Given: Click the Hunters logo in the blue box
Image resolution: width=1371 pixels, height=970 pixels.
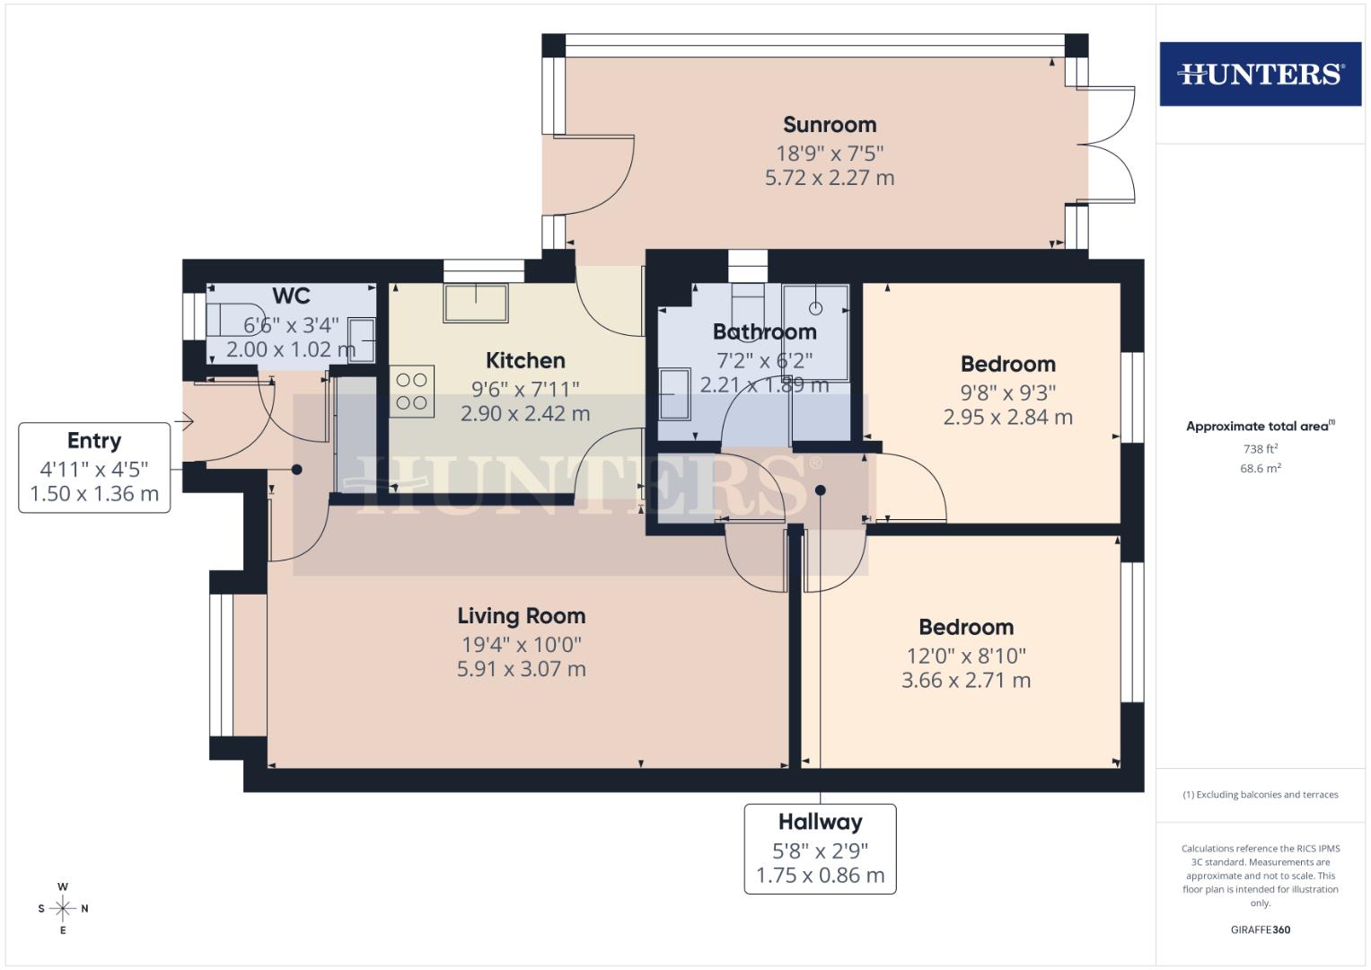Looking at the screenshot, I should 1260,74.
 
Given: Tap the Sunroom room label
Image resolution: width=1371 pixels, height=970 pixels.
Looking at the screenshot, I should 829,125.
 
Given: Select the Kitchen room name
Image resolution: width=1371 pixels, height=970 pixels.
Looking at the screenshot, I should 525,360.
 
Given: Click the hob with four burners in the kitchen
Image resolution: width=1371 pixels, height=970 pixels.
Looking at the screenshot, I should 411,392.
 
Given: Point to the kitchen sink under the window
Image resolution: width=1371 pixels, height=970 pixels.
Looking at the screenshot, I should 475,303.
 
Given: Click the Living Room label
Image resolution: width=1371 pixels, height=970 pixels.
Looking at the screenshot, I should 521,616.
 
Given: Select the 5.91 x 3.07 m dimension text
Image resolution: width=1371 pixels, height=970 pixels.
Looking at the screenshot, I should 521,669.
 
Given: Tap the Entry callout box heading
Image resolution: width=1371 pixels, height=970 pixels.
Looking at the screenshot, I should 94,441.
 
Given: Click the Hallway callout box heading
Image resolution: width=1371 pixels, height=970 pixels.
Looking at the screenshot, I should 820,822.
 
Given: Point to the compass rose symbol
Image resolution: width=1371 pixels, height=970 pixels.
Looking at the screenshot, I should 63,908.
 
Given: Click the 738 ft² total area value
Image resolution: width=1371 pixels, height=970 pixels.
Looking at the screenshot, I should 1260,448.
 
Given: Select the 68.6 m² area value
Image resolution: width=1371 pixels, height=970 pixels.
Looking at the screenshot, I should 1260,468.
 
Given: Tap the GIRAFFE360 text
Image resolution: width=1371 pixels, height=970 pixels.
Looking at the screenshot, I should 1260,930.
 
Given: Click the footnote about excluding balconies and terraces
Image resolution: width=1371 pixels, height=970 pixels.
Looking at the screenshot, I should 1260,795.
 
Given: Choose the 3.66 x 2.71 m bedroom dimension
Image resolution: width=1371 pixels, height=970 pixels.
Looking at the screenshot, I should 965,681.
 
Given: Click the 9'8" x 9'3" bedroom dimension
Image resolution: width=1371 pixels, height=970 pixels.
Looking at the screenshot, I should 1007,392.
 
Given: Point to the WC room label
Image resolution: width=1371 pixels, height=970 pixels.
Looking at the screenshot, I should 291,296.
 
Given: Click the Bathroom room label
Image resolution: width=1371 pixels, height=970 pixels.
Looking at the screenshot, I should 764,331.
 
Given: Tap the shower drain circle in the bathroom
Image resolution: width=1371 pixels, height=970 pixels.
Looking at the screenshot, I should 815,308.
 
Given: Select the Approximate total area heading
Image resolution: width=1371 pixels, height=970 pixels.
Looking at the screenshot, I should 1260,427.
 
